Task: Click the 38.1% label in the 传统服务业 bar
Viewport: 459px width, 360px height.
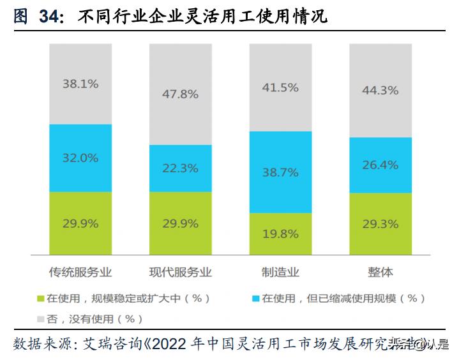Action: (80, 84)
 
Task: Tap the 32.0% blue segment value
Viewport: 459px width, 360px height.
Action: (80, 158)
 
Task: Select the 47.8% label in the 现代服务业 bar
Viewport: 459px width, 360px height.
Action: (180, 94)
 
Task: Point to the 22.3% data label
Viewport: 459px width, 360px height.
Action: (180, 168)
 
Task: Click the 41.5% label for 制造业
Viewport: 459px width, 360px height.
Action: (280, 87)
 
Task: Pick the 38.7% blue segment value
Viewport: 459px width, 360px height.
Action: (280, 172)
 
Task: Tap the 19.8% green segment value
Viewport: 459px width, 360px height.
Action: (280, 234)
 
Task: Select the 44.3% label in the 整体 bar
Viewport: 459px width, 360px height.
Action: (380, 91)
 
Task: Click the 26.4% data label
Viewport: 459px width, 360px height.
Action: (380, 165)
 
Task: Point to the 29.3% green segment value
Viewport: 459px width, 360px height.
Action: (380, 224)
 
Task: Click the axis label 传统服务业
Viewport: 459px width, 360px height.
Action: (80, 272)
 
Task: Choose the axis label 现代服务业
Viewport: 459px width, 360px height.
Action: (180, 272)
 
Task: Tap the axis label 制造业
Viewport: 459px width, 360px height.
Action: (280, 272)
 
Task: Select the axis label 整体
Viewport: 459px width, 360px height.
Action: (380, 272)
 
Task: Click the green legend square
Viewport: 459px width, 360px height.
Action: (41, 298)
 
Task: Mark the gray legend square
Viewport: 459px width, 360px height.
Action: (41, 319)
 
